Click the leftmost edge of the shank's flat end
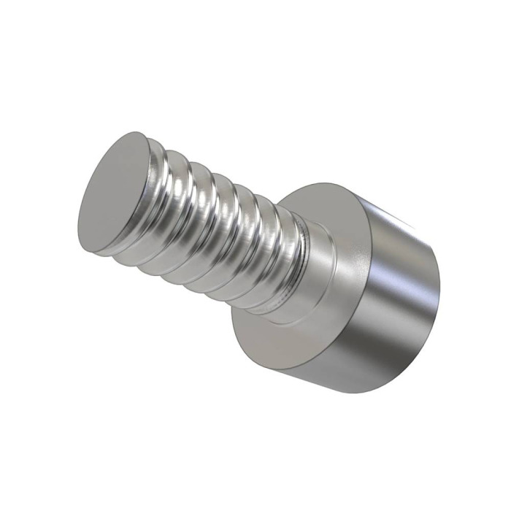77,219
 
